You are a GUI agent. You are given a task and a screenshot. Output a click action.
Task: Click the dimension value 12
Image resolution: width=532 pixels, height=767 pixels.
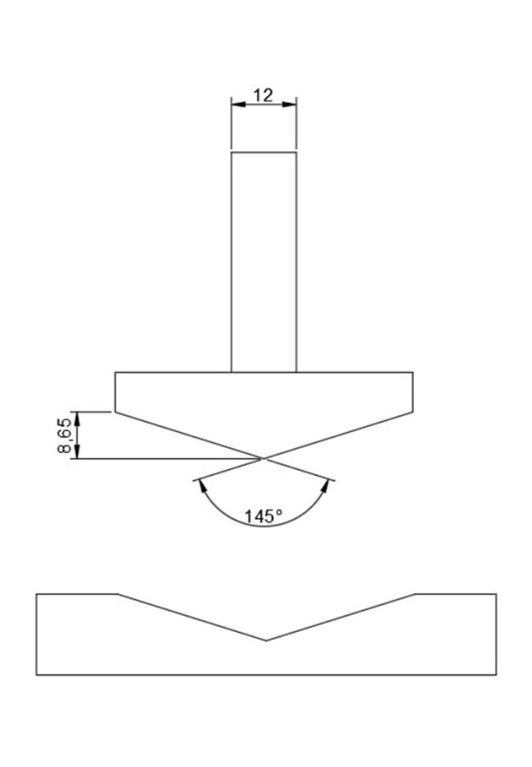(x=263, y=95)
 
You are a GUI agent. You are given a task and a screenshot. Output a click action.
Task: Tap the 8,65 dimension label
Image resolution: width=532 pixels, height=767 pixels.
(x=65, y=436)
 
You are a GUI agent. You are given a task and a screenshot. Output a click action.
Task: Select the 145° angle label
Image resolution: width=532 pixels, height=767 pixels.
(x=264, y=517)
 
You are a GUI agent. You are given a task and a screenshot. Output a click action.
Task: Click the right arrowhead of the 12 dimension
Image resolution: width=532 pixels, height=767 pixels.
(x=289, y=104)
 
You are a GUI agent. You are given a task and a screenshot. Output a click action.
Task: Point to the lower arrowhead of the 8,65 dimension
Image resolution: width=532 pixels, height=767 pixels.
(x=77, y=451)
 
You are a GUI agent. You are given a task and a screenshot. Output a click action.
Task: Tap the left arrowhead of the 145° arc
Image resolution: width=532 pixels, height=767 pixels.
(x=201, y=487)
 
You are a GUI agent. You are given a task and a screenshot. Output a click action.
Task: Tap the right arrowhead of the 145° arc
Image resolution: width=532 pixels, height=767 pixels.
(x=325, y=487)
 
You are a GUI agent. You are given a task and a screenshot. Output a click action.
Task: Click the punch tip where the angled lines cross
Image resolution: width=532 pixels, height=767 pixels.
(x=264, y=459)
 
